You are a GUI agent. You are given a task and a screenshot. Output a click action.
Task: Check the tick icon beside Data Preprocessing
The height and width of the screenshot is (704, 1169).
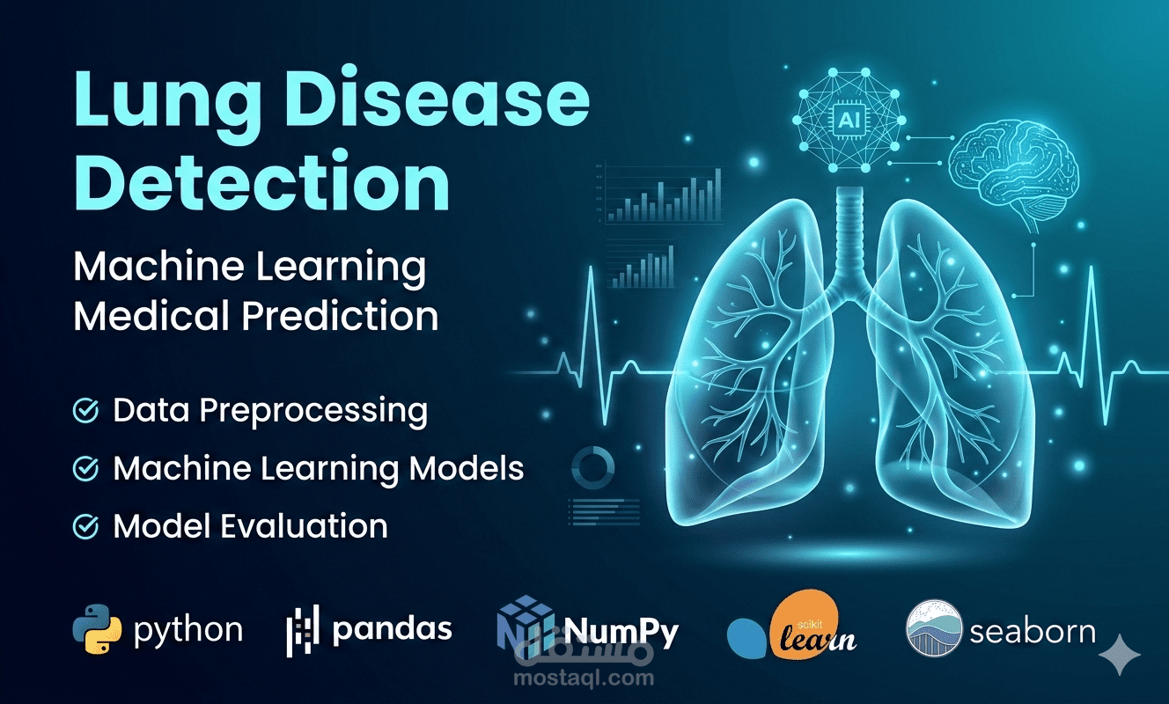coord(85,411)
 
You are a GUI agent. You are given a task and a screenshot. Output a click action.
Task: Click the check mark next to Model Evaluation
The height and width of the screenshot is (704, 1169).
coord(85,526)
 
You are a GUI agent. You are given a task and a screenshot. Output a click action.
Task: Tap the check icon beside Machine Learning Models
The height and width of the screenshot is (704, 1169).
coord(85,469)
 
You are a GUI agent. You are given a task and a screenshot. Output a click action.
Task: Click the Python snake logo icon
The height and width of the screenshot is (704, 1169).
coord(96,629)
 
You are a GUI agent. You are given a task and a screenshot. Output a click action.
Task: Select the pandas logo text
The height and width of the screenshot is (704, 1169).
coord(393,628)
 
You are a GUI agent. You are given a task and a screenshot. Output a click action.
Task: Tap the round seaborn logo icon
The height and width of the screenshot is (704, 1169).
coord(933,628)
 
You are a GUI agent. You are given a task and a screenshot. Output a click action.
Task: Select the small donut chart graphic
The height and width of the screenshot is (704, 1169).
coord(592,465)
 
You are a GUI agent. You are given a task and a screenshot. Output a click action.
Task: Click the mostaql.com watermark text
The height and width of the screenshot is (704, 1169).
coord(599,678)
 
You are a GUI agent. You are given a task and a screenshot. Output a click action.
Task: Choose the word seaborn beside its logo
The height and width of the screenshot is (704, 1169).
coord(1032,630)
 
